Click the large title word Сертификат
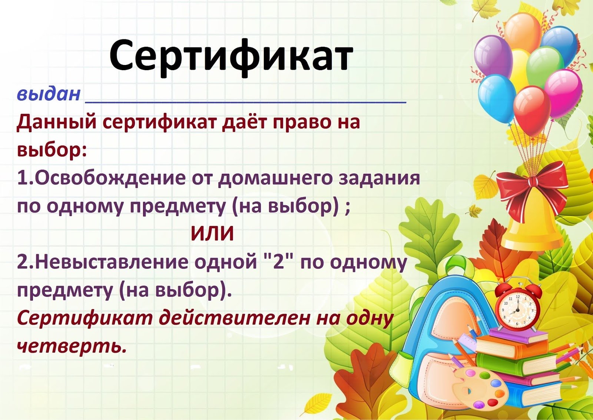(x=231, y=58)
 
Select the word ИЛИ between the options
(x=212, y=233)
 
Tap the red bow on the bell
(x=532, y=189)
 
